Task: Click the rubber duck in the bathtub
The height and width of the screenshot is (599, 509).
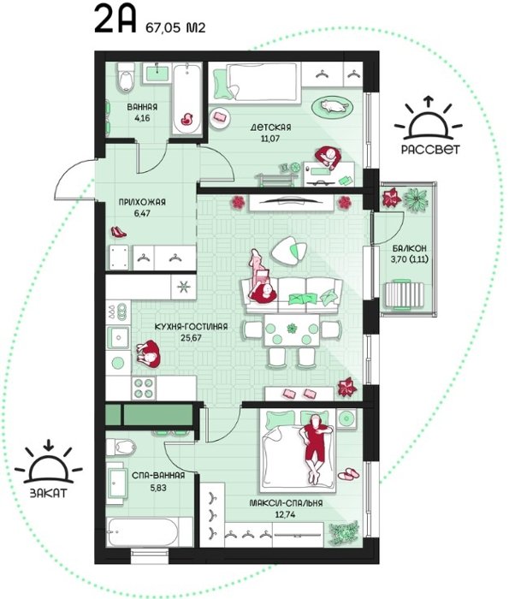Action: pyautogui.click(x=186, y=119)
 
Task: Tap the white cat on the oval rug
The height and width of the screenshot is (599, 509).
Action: pyautogui.click(x=334, y=105)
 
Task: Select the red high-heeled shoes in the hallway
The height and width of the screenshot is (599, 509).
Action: pyautogui.click(x=118, y=232)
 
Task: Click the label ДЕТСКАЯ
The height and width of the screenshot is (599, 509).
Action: pyautogui.click(x=270, y=128)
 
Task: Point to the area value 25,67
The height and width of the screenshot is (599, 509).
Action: pyautogui.click(x=192, y=338)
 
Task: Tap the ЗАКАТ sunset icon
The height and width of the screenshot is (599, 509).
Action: pyautogui.click(x=48, y=463)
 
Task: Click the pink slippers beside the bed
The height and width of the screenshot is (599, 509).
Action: pyautogui.click(x=348, y=474)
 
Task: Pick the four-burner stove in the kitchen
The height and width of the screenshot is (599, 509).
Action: pyautogui.click(x=143, y=388)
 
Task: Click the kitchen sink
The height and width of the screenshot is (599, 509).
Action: pyautogui.click(x=119, y=338)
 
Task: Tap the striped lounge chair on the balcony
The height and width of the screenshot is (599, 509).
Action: pyautogui.click(x=405, y=294)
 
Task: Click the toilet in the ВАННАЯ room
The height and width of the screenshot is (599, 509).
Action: pyautogui.click(x=126, y=78)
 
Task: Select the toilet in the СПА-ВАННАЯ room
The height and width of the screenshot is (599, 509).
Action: pyautogui.click(x=121, y=447)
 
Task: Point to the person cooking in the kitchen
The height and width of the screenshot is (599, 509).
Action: pyautogui.click(x=148, y=353)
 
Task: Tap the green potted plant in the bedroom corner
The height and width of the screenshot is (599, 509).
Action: pyautogui.click(x=344, y=532)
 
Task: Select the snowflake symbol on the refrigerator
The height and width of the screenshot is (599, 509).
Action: pyautogui.click(x=184, y=287)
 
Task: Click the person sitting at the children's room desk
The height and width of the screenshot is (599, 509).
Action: pyautogui.click(x=328, y=157)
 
